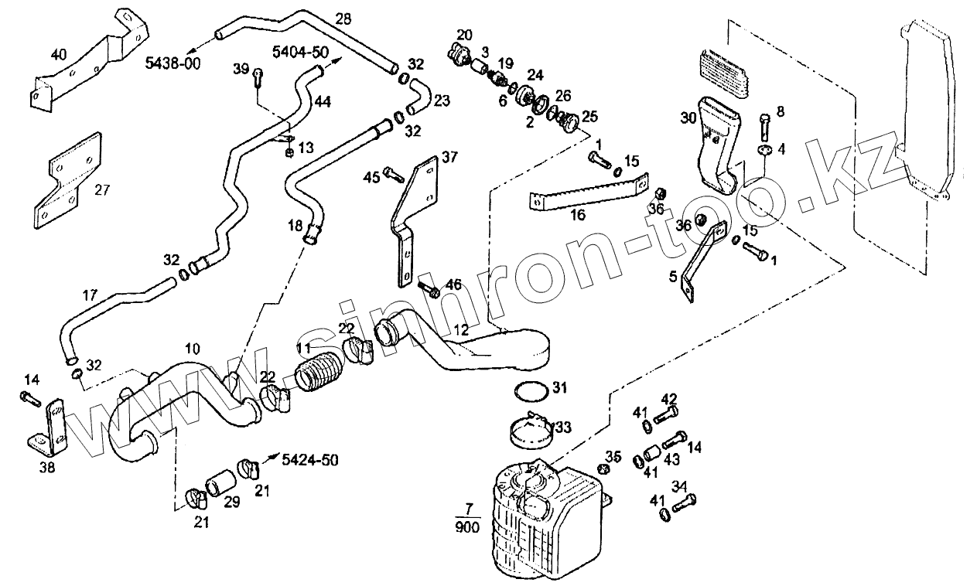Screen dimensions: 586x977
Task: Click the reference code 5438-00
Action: click(173, 64)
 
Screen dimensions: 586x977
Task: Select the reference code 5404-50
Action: click(299, 52)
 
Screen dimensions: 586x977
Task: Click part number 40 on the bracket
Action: click(59, 55)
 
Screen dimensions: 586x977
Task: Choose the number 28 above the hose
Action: click(343, 17)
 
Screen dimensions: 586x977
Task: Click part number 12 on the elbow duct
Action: click(461, 330)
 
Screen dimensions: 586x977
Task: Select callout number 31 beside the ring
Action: click(559, 387)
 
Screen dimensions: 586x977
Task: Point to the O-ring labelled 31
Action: click(528, 391)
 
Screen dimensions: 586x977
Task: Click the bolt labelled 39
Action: click(258, 74)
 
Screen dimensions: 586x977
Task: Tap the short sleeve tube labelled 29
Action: click(220, 482)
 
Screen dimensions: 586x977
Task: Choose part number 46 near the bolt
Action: click(453, 285)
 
